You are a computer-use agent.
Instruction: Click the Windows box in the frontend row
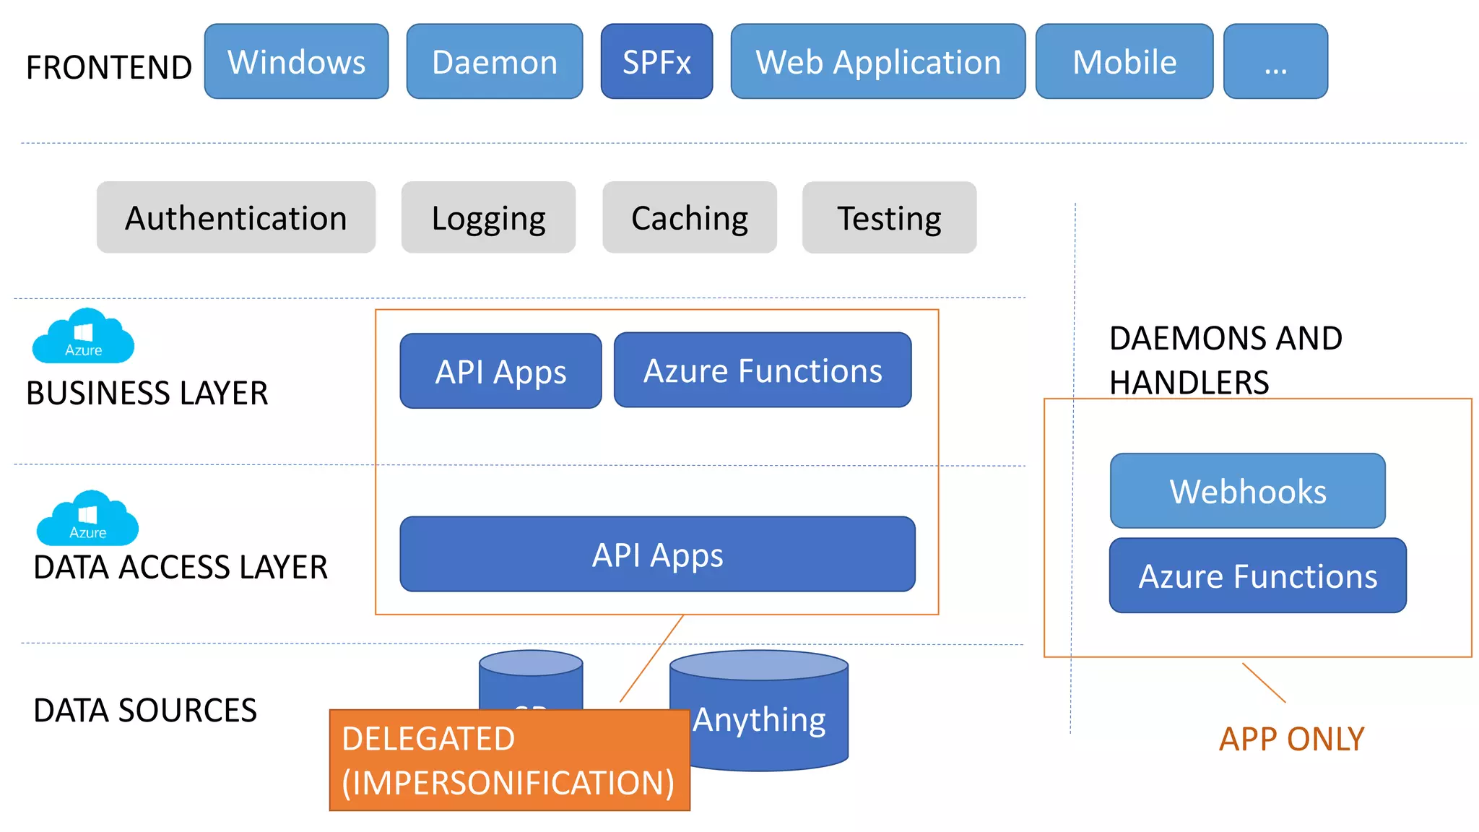296,61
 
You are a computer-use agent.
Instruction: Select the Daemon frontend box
494,61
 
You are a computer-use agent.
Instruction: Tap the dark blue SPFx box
656,61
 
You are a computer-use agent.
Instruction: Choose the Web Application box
877,61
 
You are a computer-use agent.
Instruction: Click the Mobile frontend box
1124,61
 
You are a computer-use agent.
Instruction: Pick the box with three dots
1275,61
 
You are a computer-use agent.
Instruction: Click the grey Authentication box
235,217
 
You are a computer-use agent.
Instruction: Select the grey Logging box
488,217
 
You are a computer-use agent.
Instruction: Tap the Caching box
689,217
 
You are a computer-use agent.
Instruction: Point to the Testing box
889,217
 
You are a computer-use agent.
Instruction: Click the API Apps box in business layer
500,371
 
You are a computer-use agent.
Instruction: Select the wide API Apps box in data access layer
657,554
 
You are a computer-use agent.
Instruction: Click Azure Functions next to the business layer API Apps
763,370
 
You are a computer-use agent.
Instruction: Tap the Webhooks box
1247,491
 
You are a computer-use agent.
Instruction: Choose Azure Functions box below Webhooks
1257,576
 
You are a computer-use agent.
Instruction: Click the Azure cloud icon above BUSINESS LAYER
83,337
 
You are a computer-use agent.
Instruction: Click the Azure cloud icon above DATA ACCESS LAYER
87,519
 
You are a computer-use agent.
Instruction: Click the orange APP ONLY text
1291,739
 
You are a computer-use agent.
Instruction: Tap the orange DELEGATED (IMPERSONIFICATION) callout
509,760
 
